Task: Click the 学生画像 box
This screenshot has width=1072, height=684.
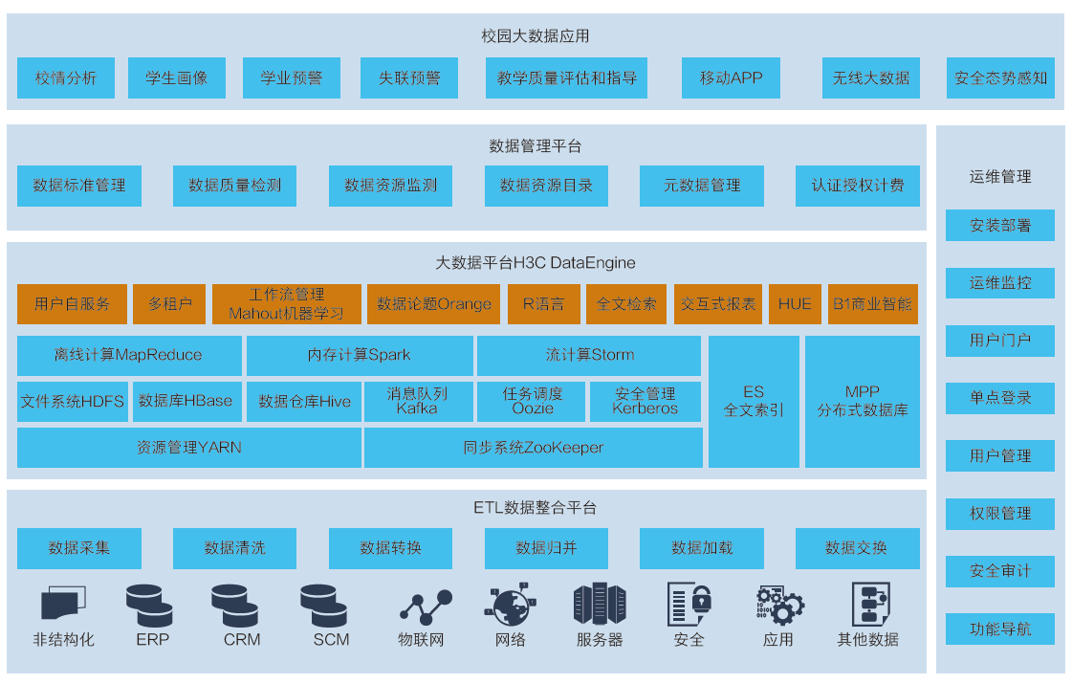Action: [x=177, y=78]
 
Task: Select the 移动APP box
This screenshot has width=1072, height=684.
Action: [x=731, y=78]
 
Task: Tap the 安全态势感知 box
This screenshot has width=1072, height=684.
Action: [x=1000, y=78]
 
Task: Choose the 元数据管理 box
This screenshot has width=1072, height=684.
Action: [x=702, y=186]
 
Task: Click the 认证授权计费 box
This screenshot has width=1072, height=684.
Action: [x=858, y=186]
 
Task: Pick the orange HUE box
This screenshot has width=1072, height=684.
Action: [x=794, y=304]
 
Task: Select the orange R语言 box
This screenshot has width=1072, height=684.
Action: [x=543, y=304]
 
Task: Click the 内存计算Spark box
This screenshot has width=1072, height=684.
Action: [x=360, y=355]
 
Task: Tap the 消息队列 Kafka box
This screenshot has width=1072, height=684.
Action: [x=418, y=401]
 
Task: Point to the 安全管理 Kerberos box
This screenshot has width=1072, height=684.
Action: [x=645, y=401]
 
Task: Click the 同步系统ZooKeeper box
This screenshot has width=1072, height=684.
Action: [x=533, y=447]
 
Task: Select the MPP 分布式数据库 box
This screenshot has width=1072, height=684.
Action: [x=862, y=401]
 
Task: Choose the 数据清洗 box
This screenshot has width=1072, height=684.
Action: [x=234, y=548]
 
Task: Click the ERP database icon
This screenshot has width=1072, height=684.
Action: [x=150, y=605]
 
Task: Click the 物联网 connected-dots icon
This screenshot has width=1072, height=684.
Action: [x=425, y=607]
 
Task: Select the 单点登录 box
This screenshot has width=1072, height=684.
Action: [x=999, y=398]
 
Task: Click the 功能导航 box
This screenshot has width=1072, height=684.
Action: [x=999, y=629]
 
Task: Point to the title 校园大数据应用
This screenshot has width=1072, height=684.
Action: [x=535, y=36]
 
